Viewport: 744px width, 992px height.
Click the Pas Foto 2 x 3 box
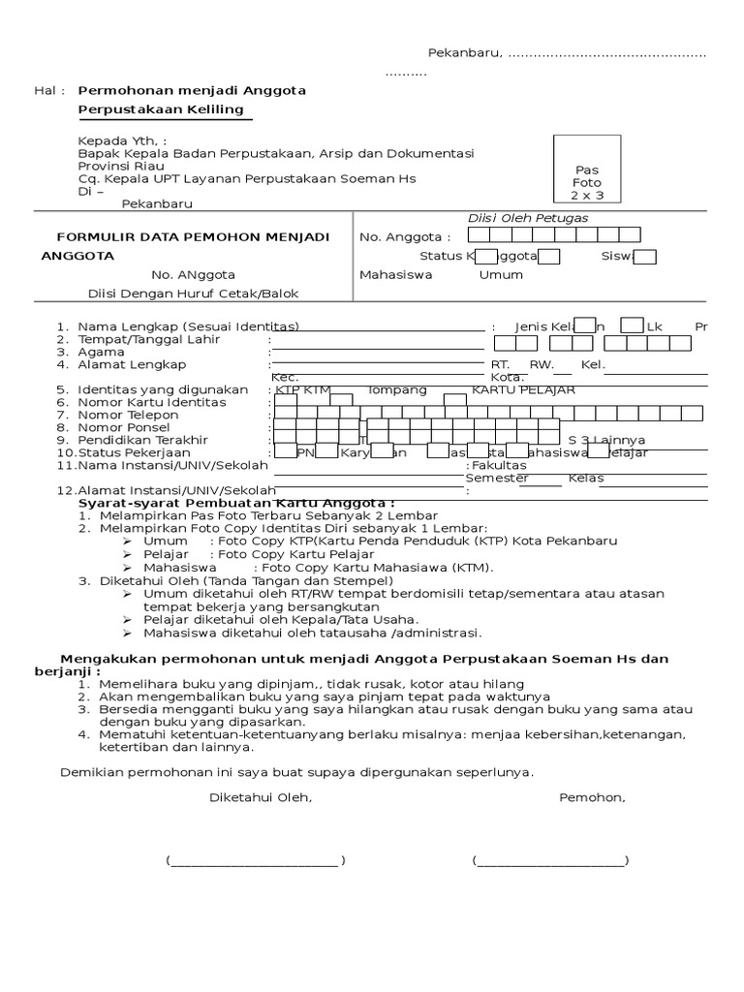587,182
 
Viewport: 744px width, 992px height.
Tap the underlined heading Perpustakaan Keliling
161,109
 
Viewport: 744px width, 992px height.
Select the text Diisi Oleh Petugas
528,218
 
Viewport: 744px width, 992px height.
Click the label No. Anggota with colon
405,237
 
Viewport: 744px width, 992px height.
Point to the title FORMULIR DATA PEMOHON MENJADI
194,237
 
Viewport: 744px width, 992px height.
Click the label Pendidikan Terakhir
142,440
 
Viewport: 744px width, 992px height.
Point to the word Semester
497,479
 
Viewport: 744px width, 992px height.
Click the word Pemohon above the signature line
592,797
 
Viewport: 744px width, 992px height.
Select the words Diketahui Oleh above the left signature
261,797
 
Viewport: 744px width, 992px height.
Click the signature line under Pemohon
550,860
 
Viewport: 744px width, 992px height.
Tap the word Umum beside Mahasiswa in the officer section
501,274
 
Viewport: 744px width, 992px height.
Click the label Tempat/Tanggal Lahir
148,339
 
